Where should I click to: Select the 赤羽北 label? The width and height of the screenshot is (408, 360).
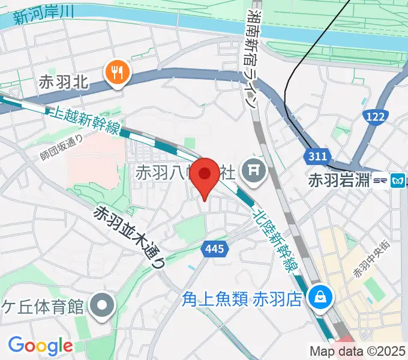tap(63, 82)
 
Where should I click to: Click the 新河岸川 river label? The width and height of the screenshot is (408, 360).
tap(39, 18)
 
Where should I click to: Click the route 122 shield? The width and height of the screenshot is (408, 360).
tap(375, 117)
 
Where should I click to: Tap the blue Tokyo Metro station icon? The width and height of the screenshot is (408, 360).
tap(397, 179)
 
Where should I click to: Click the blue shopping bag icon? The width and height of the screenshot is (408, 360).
tap(319, 296)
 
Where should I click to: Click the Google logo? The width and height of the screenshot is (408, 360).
tap(41, 345)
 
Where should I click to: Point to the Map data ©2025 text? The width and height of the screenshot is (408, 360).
tap(358, 351)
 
